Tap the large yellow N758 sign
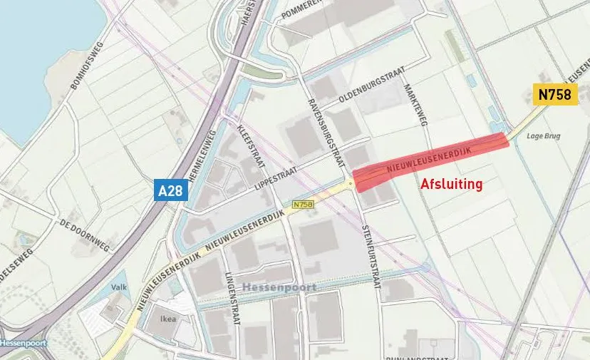tap(556, 95)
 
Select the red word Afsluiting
tap(452, 184)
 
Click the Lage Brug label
tap(540, 135)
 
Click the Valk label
tap(118, 287)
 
